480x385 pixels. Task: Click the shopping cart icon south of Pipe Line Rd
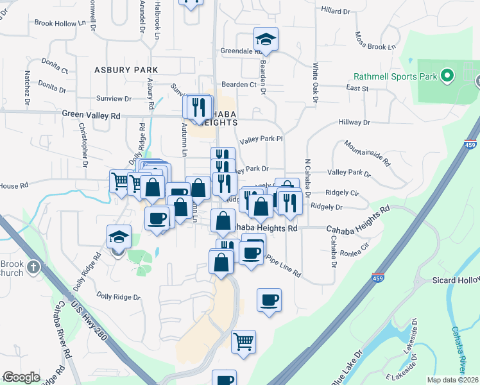pyautogui.click(x=243, y=341)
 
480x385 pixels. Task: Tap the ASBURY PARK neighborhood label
pyautogui.click(x=126, y=69)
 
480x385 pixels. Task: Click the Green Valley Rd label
pyautogui.click(x=91, y=116)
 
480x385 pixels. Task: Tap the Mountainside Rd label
pyautogui.click(x=367, y=153)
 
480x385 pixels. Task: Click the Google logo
pyautogui.click(x=21, y=377)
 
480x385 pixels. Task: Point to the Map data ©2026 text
pyautogui.click(x=453, y=380)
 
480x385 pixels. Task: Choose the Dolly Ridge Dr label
pyautogui.click(x=118, y=296)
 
